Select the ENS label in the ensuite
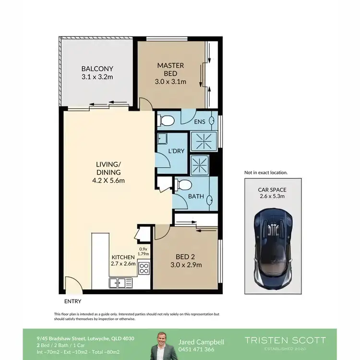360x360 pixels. point(200,122)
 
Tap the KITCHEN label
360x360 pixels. point(123,257)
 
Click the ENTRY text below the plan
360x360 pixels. point(72,301)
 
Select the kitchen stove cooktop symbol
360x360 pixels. point(144,268)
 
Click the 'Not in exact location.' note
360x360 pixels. point(266,172)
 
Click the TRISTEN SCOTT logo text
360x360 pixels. point(285,340)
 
